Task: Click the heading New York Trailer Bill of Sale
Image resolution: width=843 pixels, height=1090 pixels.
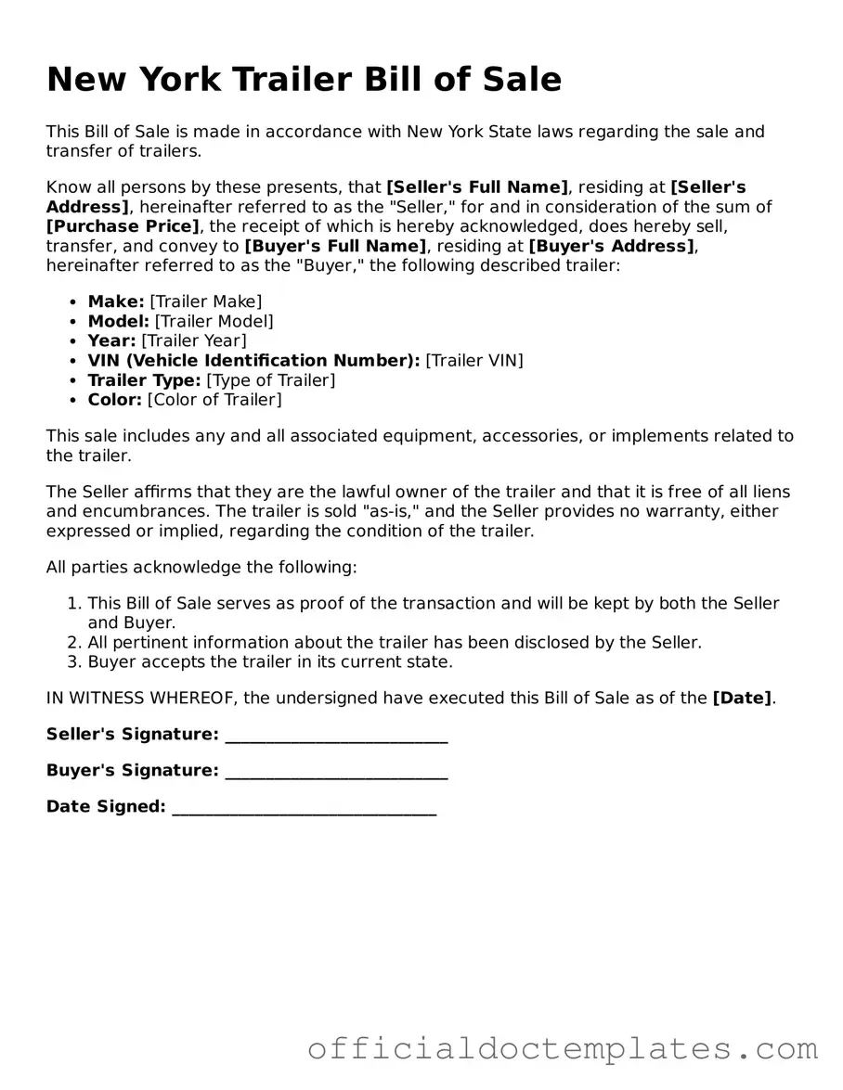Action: [304, 80]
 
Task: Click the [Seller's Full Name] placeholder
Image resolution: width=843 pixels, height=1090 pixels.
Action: [477, 187]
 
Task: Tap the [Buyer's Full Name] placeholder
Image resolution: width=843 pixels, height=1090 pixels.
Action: [335, 246]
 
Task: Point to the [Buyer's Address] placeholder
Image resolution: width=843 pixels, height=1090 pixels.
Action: [612, 246]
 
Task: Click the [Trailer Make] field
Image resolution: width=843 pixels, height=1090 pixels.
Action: [206, 301]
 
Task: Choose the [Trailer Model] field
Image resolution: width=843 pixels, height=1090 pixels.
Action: [214, 321]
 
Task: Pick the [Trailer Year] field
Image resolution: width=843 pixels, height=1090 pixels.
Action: [194, 340]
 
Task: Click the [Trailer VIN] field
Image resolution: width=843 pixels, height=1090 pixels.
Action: [474, 360]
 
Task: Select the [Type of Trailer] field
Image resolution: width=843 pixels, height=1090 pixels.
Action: [271, 380]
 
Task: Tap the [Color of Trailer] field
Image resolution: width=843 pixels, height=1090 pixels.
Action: [214, 400]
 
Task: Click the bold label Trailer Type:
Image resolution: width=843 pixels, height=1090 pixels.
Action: [144, 380]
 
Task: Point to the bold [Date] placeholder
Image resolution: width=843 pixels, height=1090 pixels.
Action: [742, 699]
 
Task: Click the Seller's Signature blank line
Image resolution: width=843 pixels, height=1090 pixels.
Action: [336, 736]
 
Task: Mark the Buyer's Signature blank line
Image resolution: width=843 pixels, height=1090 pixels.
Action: [336, 772]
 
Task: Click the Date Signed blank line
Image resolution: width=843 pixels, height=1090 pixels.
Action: [305, 808]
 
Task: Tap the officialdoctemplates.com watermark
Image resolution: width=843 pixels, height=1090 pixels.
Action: [563, 1048]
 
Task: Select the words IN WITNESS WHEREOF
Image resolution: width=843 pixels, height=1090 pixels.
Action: [139, 699]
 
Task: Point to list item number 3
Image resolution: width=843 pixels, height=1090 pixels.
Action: [269, 662]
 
